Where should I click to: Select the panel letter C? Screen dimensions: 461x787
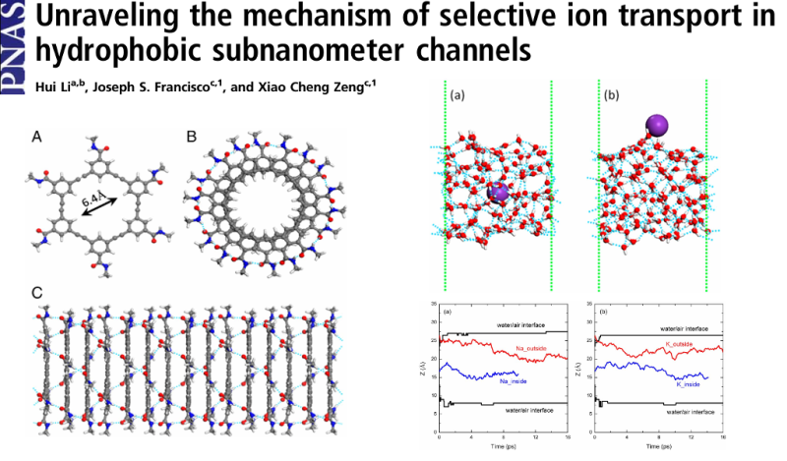(37, 293)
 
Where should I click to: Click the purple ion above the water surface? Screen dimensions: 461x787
(657, 125)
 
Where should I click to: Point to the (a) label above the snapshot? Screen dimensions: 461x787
(459, 96)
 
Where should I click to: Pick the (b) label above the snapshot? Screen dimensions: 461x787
(612, 96)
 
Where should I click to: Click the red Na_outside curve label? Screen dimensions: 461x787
(534, 348)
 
